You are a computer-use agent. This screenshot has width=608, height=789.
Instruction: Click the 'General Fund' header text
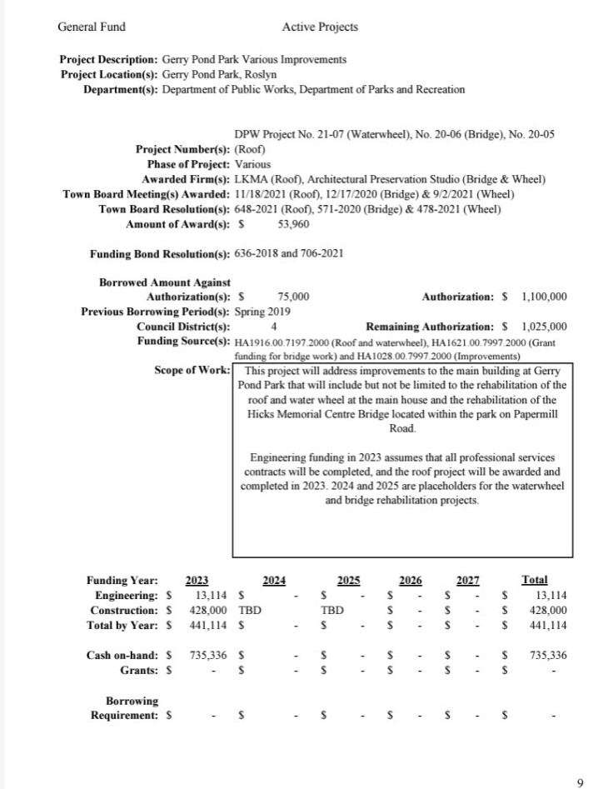(x=92, y=27)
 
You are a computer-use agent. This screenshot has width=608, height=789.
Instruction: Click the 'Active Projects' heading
(x=320, y=27)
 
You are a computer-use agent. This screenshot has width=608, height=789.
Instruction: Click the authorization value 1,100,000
(x=544, y=296)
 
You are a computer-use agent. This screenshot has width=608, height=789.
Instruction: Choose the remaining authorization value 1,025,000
(x=544, y=326)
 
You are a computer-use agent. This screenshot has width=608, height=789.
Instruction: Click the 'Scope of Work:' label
(x=192, y=370)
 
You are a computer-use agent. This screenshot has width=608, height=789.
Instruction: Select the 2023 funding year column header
(x=197, y=580)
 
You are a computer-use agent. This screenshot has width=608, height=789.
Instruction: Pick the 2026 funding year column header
(x=410, y=580)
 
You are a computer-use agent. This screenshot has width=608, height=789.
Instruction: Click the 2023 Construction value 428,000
(x=208, y=610)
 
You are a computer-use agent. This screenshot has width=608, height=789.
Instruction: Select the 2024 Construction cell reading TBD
(x=251, y=610)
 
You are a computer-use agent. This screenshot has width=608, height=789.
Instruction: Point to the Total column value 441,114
(x=547, y=625)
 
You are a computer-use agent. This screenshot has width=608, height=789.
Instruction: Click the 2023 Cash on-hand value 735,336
(x=208, y=655)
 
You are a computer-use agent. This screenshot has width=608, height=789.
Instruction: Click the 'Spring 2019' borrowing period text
(x=263, y=311)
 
